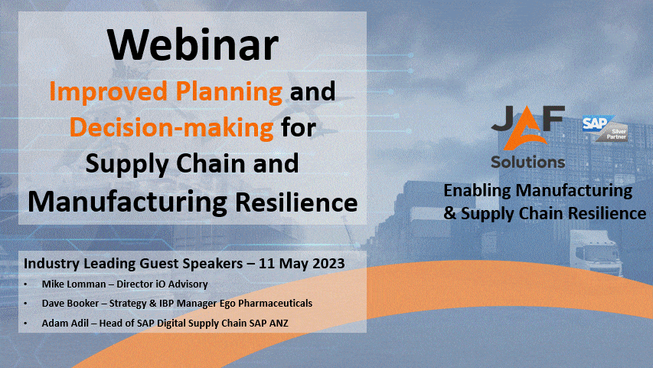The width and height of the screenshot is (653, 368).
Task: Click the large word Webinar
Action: coord(192,45)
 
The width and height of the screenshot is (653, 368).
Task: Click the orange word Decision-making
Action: coord(171,127)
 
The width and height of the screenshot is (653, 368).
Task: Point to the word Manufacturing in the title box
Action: coord(127,202)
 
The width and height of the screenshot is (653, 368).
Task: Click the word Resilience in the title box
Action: coord(296,202)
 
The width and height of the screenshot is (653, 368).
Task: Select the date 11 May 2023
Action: coord(302,263)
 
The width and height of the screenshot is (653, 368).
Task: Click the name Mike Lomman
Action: coord(73,284)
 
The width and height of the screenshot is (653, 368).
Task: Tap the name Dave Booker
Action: coord(70,304)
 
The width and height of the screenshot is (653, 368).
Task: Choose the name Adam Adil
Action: coord(65,323)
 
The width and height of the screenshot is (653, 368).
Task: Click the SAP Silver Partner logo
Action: coord(605,128)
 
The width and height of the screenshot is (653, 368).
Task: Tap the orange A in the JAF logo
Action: coord(527,130)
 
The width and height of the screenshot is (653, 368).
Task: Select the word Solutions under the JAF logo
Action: coord(528,162)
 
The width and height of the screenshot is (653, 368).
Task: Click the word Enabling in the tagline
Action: coord(477,191)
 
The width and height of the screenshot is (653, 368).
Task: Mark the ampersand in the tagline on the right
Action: coord(450,213)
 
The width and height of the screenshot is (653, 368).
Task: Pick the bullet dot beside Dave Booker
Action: coord(26,304)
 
